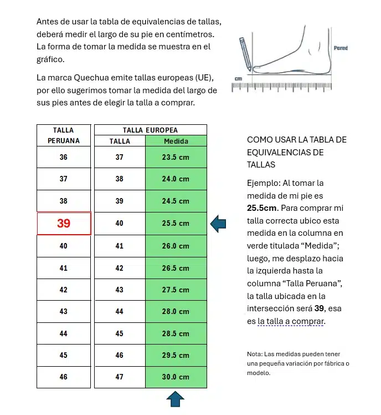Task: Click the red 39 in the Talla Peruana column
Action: tap(64, 224)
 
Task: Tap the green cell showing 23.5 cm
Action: tap(176, 157)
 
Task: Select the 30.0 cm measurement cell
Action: tap(176, 377)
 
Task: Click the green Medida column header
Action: tap(176, 141)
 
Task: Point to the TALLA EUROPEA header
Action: tap(150, 130)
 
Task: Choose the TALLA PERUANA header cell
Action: tap(64, 135)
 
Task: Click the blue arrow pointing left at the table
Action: tap(218, 224)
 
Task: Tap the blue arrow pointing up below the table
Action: tap(175, 399)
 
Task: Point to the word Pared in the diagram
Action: tap(341, 48)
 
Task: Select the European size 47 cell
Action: tap(120, 377)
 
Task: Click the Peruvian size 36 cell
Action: tap(64, 157)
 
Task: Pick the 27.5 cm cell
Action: tap(176, 290)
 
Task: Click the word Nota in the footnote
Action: tap(254, 354)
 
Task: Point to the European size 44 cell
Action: tap(120, 312)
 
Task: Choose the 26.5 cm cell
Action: tap(176, 268)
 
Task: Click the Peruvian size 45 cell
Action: tap(64, 355)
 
